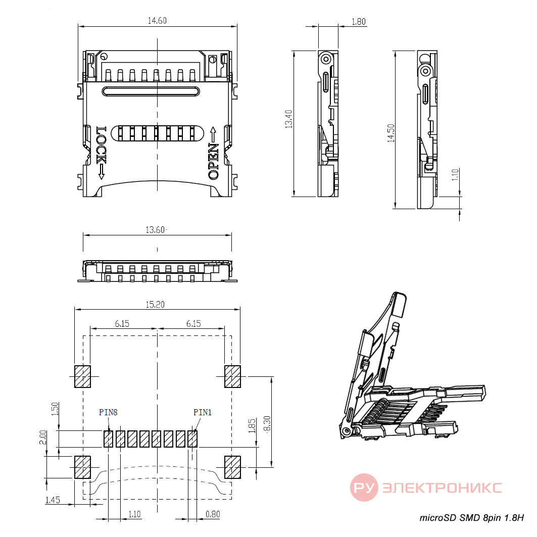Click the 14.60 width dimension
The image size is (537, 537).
[x=157, y=21]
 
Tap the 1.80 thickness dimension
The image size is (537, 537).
[x=359, y=22]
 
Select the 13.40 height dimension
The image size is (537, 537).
[x=288, y=119]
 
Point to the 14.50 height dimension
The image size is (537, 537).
[x=391, y=133]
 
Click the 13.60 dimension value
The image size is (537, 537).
[x=155, y=229]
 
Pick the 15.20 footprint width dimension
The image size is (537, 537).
[x=155, y=304]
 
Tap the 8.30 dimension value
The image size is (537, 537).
[x=267, y=423]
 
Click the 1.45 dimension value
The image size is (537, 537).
[x=53, y=500]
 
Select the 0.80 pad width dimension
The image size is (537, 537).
[x=213, y=514]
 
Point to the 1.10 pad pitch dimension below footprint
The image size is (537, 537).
[x=134, y=514]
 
